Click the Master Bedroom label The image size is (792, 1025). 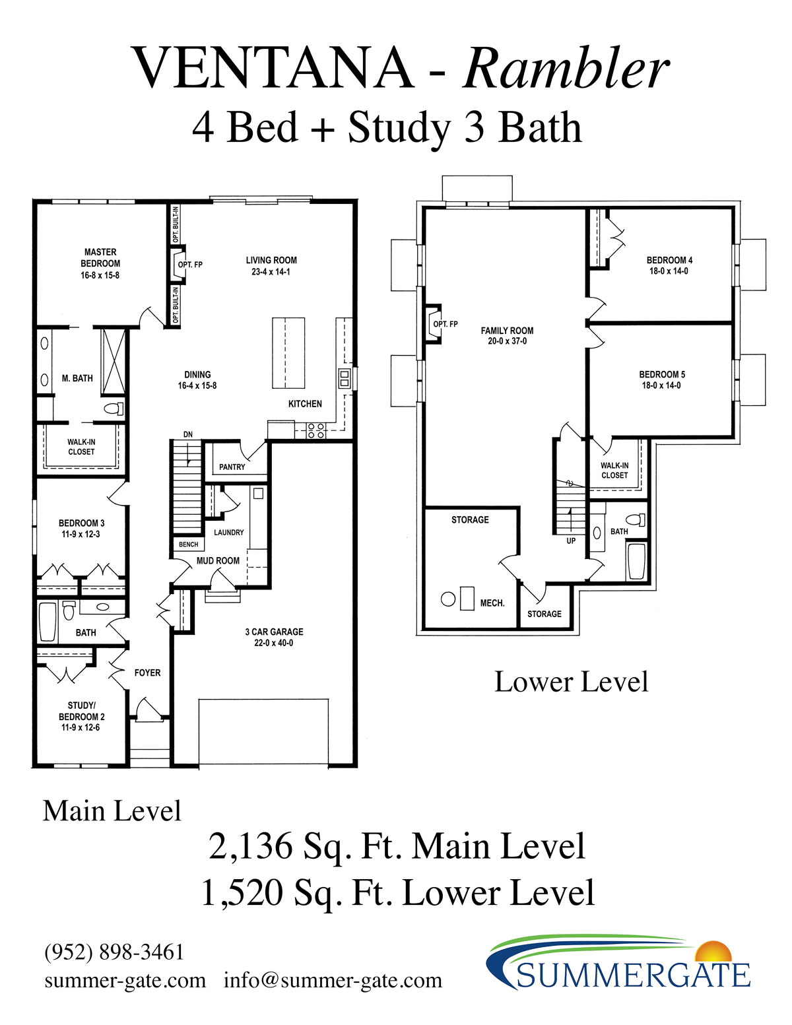coord(100,257)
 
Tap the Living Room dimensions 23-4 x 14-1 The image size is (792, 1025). coord(271,272)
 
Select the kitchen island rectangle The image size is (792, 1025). coord(288,353)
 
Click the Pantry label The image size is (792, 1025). coord(232,467)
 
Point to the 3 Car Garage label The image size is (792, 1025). coord(274,632)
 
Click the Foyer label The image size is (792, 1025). coord(147,673)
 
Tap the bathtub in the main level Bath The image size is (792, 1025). coord(48,622)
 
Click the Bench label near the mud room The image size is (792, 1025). coord(188,545)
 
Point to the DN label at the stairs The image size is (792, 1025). coord(188,434)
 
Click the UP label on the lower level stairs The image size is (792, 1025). coord(571,541)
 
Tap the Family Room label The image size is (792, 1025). coord(507,331)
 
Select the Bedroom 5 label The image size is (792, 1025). coord(662,374)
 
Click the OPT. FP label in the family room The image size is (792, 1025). coord(445,324)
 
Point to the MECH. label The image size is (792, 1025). coord(492,603)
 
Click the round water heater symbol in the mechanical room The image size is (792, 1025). coord(448,599)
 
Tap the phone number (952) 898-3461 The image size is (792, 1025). coord(114,952)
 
